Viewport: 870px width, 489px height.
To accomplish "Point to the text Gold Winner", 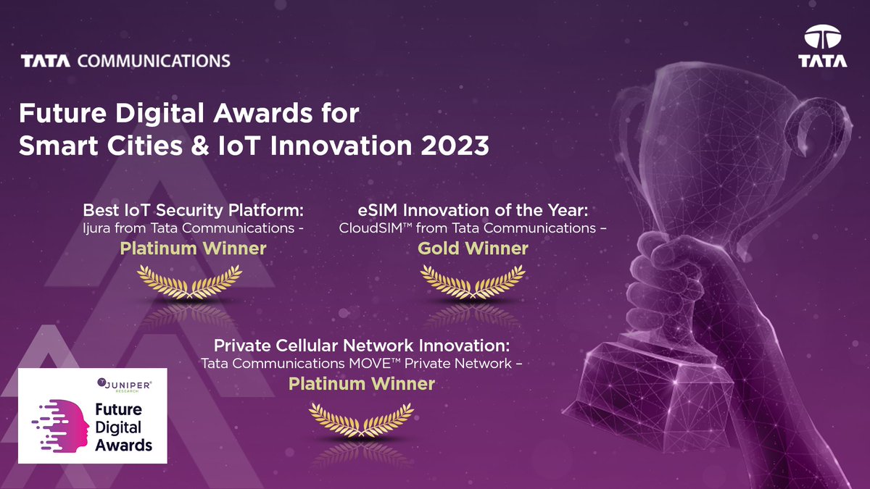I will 473,248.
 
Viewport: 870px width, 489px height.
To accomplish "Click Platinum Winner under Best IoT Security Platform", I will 193,248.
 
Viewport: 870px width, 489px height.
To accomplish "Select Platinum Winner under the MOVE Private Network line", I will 362,383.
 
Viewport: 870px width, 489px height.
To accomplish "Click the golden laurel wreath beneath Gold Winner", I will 473,283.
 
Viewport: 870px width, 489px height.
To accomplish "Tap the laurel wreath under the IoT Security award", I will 190,283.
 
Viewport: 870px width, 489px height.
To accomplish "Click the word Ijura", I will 96,228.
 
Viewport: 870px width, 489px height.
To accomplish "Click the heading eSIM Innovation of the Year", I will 472,210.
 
